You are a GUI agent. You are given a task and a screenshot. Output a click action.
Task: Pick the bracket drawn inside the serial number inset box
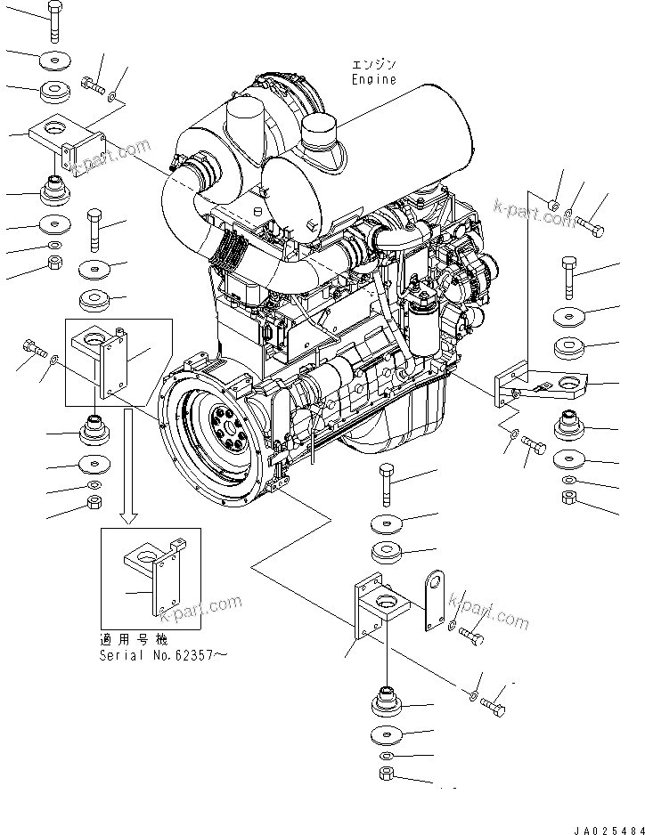tap(157, 573)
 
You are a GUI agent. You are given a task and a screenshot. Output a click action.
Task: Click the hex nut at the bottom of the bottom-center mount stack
tap(388, 774)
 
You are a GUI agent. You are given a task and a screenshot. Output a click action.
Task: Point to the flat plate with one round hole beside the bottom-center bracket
tap(436, 601)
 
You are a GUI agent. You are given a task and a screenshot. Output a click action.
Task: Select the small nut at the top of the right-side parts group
tap(553, 206)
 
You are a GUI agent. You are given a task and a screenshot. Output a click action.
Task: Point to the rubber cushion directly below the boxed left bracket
tap(95, 432)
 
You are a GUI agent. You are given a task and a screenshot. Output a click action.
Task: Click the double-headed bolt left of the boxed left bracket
tap(33, 348)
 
